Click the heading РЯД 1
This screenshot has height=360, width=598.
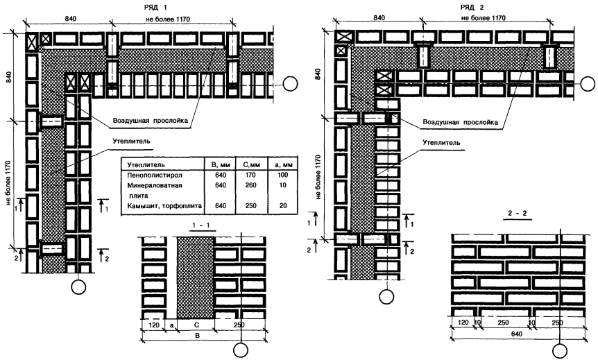[x=157, y=5]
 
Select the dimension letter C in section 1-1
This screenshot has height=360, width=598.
[x=196, y=323]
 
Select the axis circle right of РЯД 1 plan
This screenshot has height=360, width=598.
[x=292, y=84]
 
